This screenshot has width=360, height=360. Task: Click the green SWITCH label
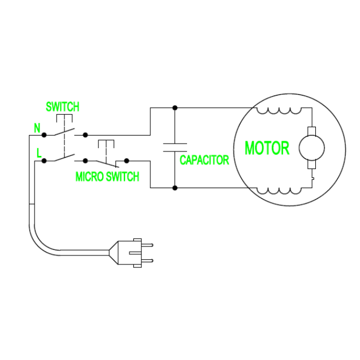pos(62,106)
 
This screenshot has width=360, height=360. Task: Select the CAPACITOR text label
pos(204,160)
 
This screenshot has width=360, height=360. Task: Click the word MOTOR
pos(267,149)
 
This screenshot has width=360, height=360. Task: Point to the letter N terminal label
pos(37,128)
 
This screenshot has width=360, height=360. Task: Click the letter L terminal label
pos(38,153)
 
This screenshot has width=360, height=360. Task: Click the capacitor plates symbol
pos(175,148)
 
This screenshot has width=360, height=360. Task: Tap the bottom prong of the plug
pos(146,260)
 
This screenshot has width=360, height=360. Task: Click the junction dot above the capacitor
pos(175,107)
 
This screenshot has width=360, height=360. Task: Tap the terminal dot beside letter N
pos(44,135)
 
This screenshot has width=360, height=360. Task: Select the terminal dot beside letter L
pos(44,161)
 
